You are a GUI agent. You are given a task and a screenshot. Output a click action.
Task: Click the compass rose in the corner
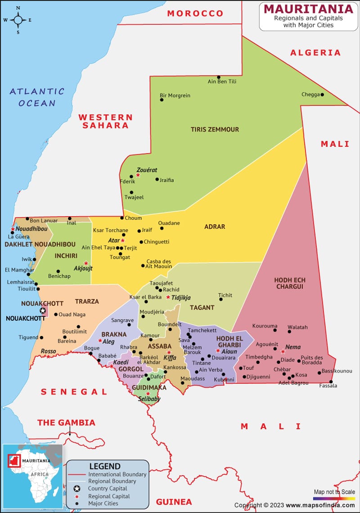pyautogui.click(x=18, y=20)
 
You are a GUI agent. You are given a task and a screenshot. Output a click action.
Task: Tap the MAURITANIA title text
pyautogui.click(x=308, y=9)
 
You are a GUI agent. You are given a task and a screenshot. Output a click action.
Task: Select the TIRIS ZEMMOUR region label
pyautogui.click(x=215, y=129)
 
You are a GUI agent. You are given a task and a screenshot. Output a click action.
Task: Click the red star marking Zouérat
pyautogui.click(x=138, y=175)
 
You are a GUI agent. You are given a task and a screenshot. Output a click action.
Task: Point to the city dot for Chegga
pyautogui.click(x=322, y=95)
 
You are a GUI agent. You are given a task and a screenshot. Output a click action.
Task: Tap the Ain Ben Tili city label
pyautogui.click(x=222, y=82)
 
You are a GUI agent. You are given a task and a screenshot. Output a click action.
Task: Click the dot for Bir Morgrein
pyautogui.click(x=162, y=100)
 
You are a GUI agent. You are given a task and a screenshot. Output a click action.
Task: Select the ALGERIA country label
pyautogui.click(x=315, y=53)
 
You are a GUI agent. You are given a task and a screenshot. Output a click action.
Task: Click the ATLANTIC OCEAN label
pyautogui.click(x=37, y=97)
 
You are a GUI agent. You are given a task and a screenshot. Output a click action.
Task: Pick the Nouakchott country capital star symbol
pyautogui.click(x=43, y=310)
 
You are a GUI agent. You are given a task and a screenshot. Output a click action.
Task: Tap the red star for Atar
pyautogui.click(x=122, y=241)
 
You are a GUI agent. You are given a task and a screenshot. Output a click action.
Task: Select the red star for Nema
pyautogui.click(x=283, y=352)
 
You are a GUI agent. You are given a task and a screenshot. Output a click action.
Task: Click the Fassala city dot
pyautogui.click(x=331, y=381)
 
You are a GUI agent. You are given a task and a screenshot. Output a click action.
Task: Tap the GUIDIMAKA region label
pyautogui.click(x=149, y=387)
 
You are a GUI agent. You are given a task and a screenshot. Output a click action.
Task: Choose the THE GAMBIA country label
pyautogui.click(x=66, y=422)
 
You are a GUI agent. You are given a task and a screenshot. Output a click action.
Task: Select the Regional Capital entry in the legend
pyautogui.click(x=109, y=496)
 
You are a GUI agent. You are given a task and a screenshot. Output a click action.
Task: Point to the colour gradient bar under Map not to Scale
pyautogui.click(x=334, y=499)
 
